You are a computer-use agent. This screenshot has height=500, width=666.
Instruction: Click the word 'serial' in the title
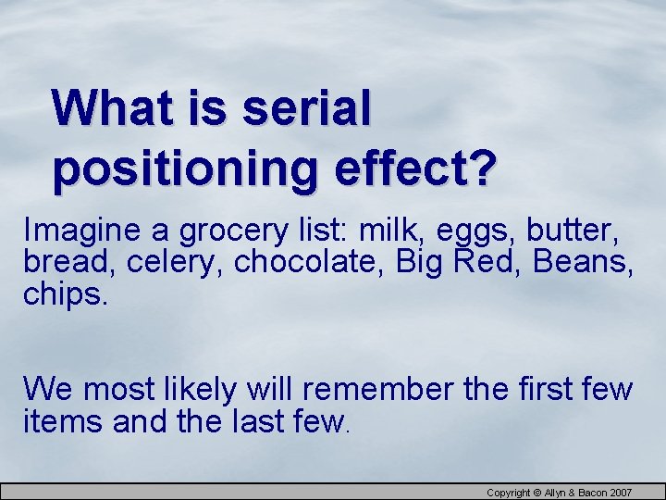[x=306, y=109]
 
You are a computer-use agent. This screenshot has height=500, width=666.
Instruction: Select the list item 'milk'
[x=388, y=230]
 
